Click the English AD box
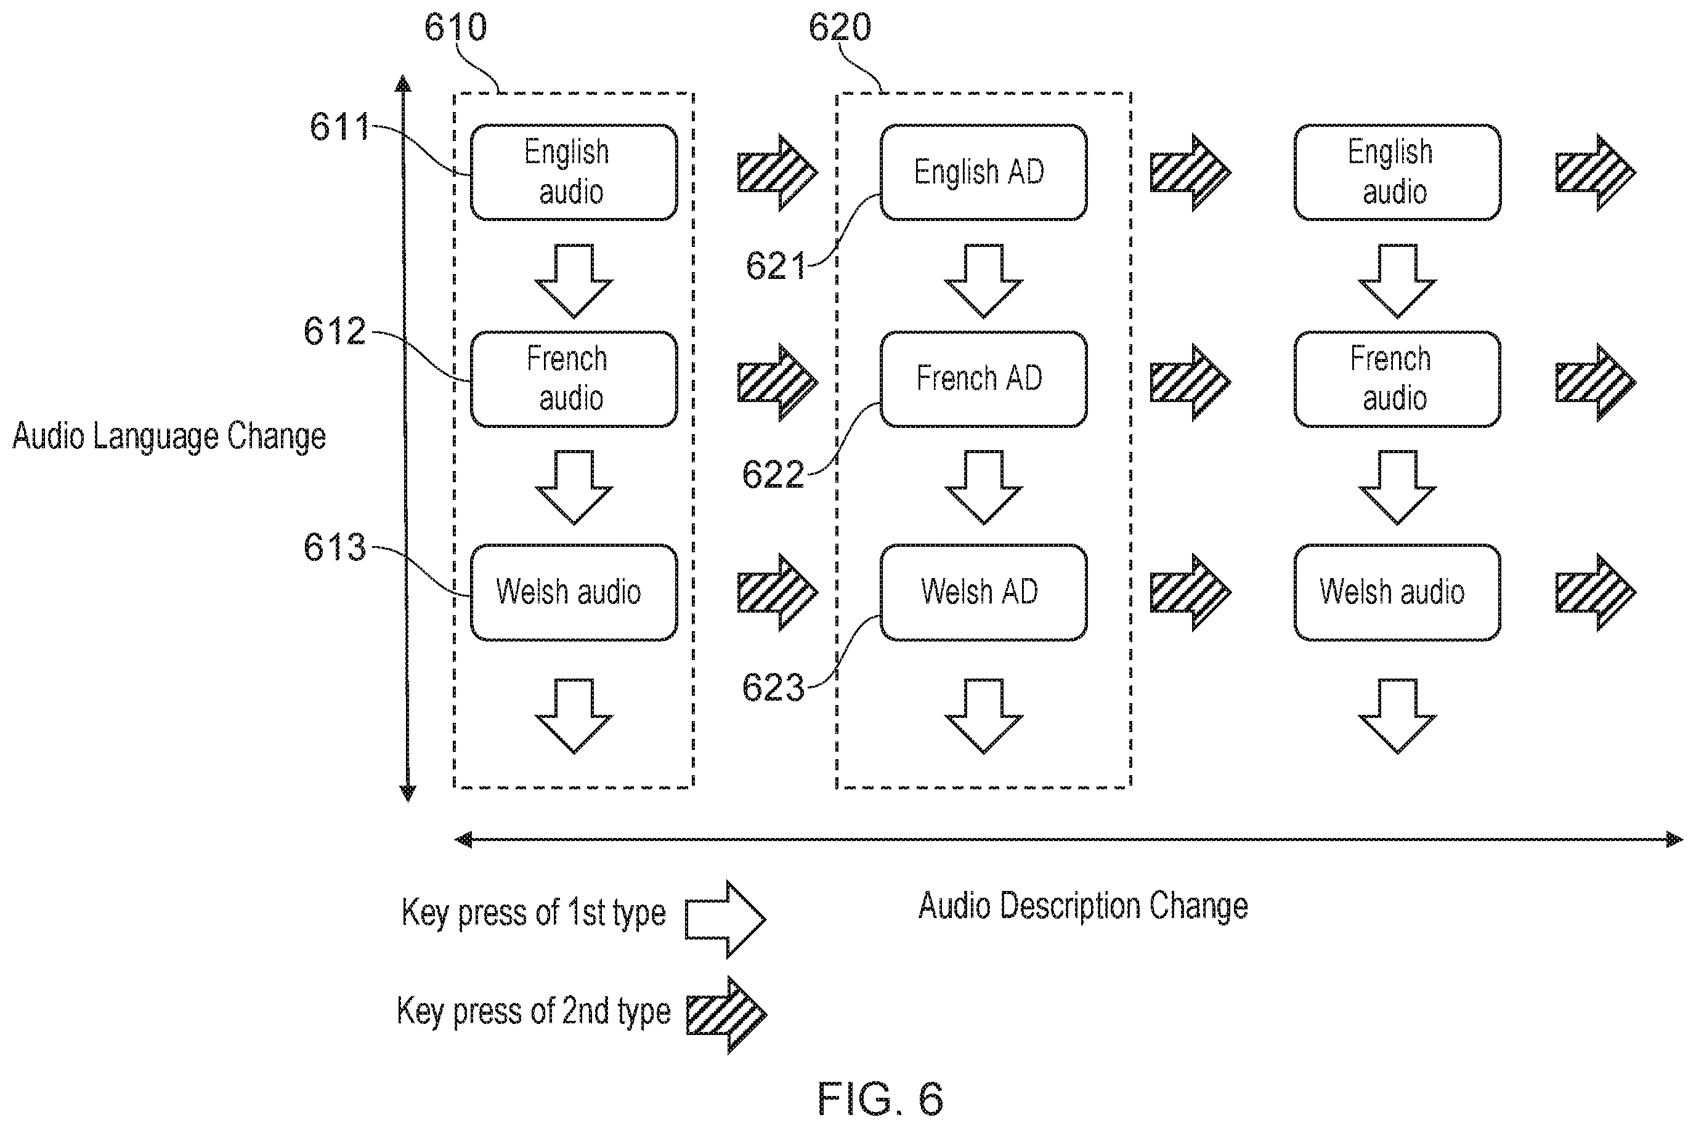point(983,172)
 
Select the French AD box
point(983,379)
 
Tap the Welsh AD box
point(983,592)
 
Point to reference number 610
point(455,27)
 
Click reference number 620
point(840,27)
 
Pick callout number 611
point(339,127)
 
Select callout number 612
point(335,332)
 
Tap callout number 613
point(335,547)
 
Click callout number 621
point(776,265)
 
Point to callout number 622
point(773,475)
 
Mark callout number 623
point(773,687)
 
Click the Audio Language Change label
point(169,437)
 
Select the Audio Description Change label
point(1083,906)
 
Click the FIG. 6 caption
point(880,1098)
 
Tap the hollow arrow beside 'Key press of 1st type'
point(724,919)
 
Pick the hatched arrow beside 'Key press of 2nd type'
point(726,1015)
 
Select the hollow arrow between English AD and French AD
point(984,281)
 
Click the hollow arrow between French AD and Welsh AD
point(984,488)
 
